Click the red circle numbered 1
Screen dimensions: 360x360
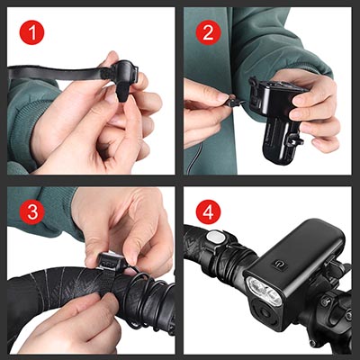[x=31, y=32]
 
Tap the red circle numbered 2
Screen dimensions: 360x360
[x=208, y=32]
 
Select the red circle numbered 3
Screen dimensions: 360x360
[x=31, y=212]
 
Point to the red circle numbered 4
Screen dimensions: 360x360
[x=208, y=212]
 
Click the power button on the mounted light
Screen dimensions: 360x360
[x=279, y=264]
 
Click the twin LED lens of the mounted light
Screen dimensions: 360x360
[x=264, y=290]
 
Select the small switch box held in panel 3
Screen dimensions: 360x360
[x=111, y=261]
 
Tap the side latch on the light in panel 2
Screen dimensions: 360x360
[x=293, y=140]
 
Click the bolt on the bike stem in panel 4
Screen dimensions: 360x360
[x=326, y=301]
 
